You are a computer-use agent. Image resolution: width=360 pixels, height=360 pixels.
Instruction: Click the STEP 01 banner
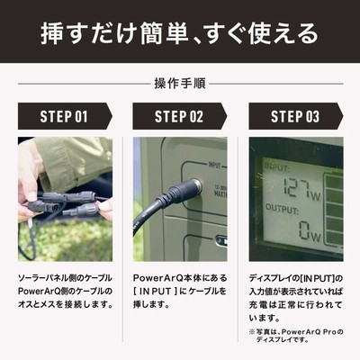click(65, 116)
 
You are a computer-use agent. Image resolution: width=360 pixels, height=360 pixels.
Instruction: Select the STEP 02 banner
click(179, 116)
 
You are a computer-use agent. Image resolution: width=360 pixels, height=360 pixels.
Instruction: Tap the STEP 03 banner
click(295, 116)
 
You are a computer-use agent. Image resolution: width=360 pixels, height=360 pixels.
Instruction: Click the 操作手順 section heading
click(180, 84)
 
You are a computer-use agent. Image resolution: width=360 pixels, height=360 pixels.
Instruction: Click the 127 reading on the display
click(296, 188)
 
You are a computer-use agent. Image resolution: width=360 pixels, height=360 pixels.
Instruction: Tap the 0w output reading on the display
click(310, 230)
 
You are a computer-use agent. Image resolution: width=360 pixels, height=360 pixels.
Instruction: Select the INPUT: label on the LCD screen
click(277, 166)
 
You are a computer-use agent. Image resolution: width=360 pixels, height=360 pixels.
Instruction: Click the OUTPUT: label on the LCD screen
click(282, 209)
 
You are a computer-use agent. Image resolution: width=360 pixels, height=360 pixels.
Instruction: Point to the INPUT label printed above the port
click(214, 166)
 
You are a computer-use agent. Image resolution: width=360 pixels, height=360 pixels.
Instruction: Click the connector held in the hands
click(65, 204)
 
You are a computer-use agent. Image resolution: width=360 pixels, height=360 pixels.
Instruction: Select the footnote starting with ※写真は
click(296, 336)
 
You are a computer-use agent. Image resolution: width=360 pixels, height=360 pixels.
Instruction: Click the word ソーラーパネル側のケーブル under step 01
click(65, 278)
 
